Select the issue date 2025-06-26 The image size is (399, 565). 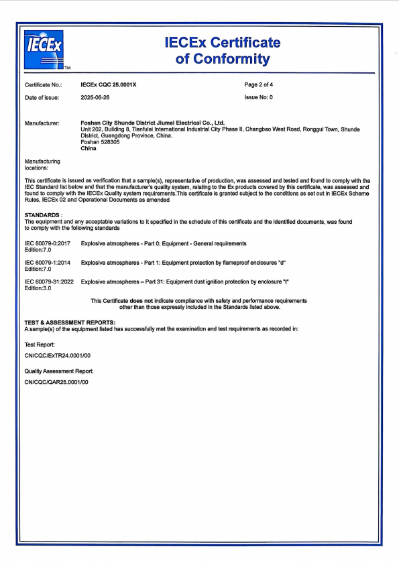[95, 97]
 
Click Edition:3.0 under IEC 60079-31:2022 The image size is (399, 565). [38, 288]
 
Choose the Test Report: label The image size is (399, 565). [40, 344]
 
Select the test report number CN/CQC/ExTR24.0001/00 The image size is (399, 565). [57, 356]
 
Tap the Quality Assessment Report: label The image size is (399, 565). [59, 370]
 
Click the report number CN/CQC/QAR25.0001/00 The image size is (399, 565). [56, 382]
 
